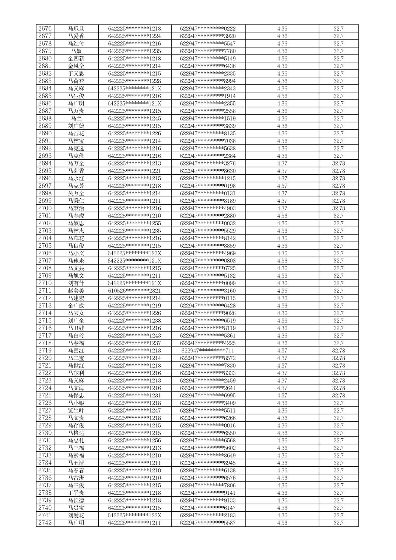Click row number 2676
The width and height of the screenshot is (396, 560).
45,29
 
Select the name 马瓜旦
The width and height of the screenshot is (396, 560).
76,29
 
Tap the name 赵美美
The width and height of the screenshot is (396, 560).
76,291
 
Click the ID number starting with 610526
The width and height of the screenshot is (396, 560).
134,291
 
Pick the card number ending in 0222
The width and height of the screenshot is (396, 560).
208,29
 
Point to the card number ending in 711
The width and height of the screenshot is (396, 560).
208,351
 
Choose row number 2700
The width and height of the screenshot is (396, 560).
45,208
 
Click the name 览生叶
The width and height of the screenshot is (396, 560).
76,410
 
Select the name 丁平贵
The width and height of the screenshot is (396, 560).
76,493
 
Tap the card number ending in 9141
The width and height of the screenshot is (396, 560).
208,493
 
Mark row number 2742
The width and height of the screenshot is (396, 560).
45,523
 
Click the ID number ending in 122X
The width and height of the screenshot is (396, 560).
134,515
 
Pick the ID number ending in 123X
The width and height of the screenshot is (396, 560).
134,253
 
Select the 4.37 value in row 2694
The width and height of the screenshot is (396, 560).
282,163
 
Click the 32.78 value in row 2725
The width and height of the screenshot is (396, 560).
338,396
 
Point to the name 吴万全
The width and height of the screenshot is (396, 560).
76,193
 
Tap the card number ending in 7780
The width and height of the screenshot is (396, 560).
208,51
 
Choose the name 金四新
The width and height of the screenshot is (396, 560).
76,59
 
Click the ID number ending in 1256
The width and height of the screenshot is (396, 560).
134,441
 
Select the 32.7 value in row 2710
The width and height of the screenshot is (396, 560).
338,283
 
